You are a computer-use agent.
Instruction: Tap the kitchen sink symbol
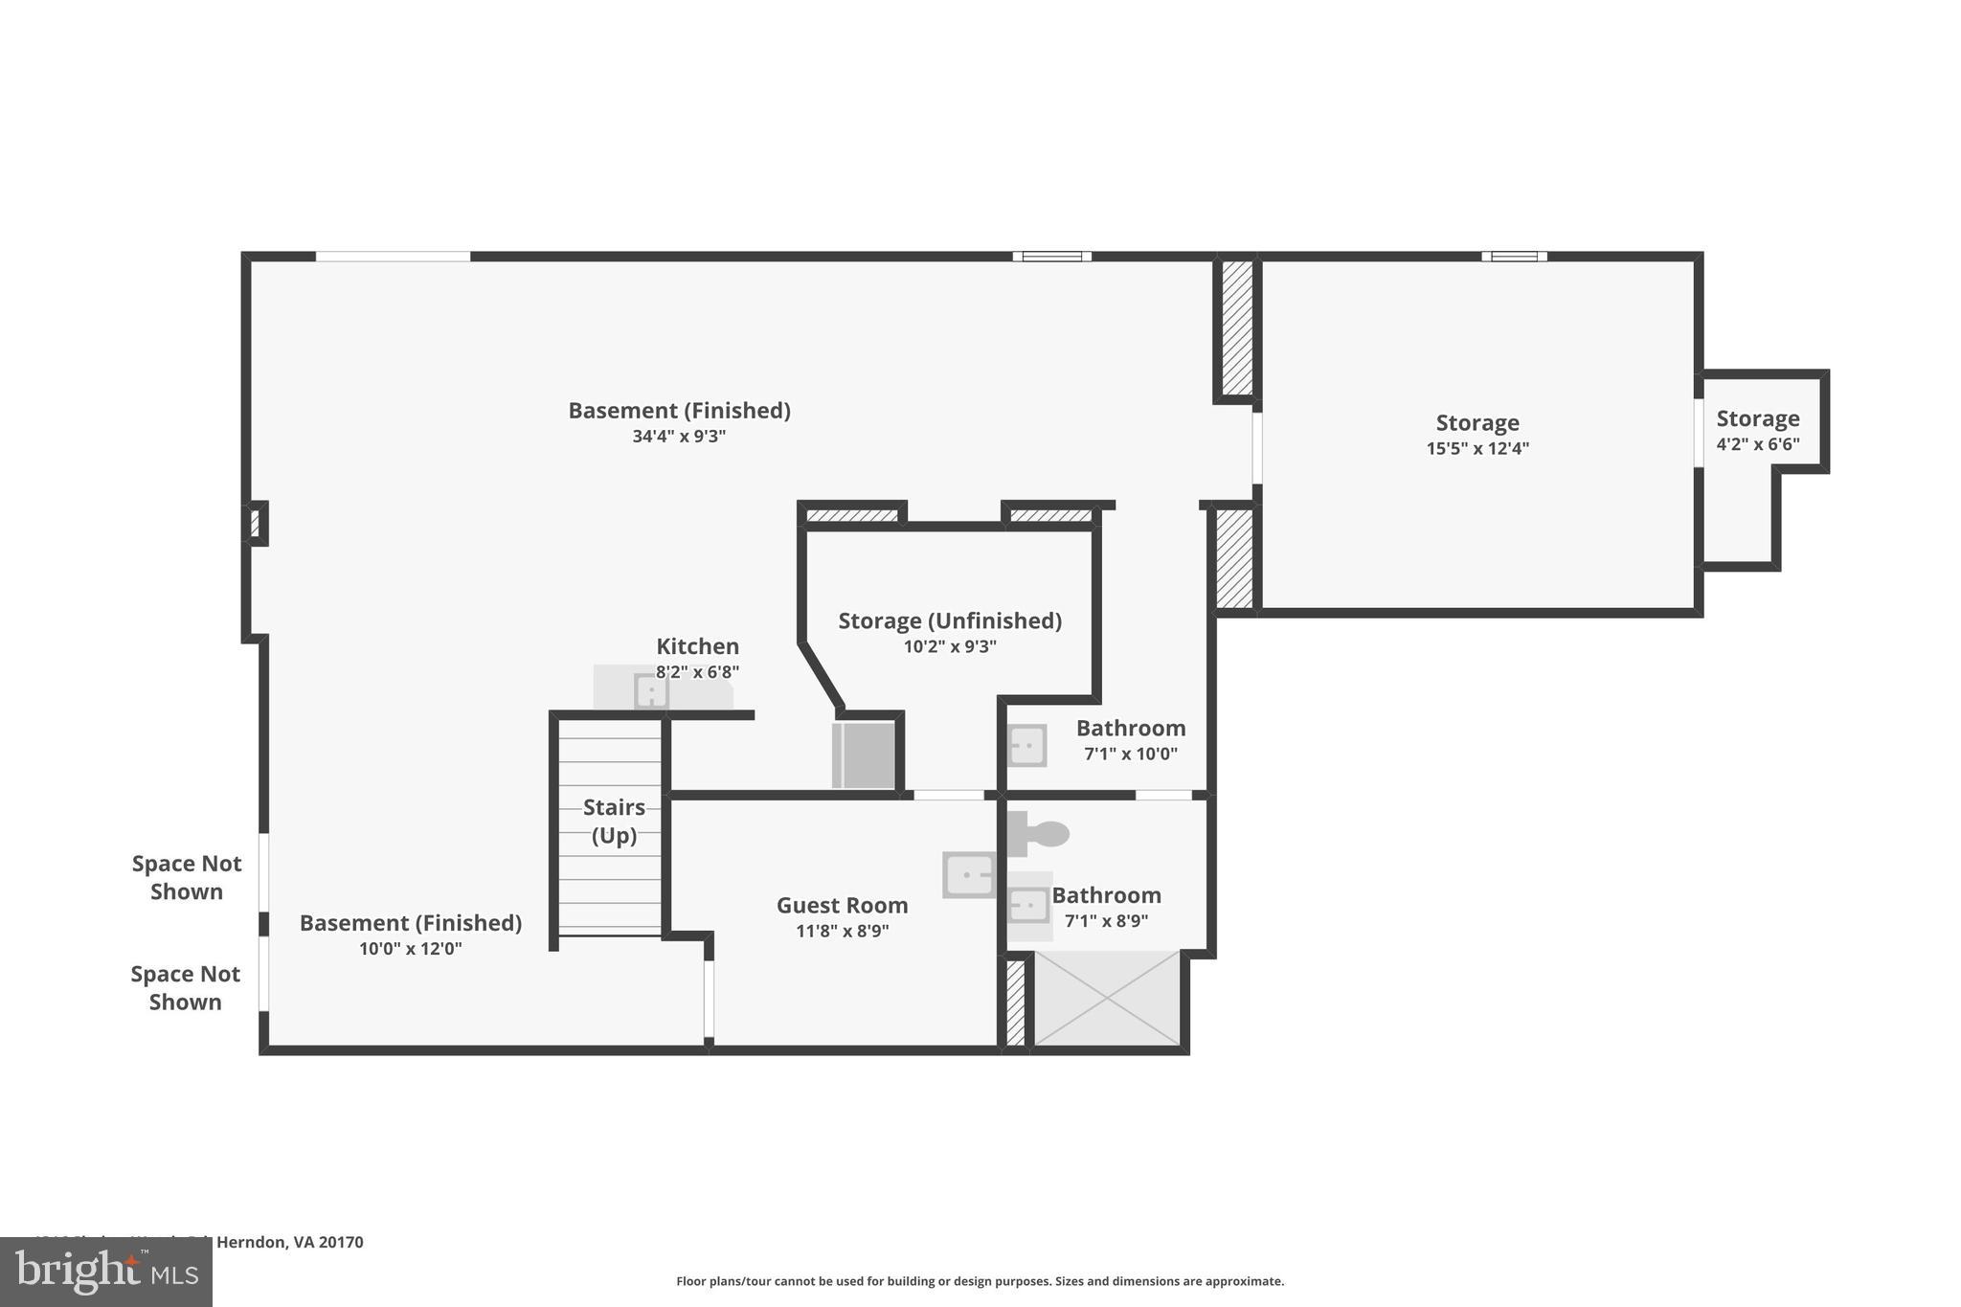pos(651,690)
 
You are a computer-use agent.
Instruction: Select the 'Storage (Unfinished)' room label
pos(950,620)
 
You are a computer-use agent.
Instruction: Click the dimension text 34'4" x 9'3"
pos(679,437)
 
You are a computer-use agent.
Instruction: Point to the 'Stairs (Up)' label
pos(614,821)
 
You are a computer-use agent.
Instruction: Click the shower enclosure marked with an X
pos(1106,999)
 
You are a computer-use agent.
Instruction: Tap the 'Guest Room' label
pos(842,905)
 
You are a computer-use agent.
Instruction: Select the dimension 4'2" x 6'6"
pos(1757,444)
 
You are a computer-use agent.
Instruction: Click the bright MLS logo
pos(106,1272)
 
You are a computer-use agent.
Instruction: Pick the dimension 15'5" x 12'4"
pos(1477,448)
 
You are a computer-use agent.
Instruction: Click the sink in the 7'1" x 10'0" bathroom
pos(1027,745)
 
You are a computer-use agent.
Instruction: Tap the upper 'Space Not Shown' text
pos(187,877)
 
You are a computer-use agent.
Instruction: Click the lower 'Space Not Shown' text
pos(186,987)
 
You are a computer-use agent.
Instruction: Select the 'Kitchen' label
pos(697,646)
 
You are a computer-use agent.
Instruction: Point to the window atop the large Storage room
pos(1514,257)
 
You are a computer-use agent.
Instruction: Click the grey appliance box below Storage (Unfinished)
pos(864,755)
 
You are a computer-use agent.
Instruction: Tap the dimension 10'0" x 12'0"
pos(410,949)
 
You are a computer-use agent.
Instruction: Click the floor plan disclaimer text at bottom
pos(980,1281)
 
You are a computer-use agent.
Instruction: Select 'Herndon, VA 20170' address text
pos(289,1242)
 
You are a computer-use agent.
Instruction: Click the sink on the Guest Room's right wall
pos(969,875)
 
